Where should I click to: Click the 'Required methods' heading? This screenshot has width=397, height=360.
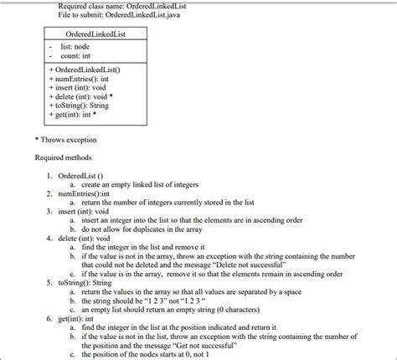[x=63, y=157]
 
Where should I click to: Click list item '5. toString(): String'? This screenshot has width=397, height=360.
[x=92, y=281]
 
